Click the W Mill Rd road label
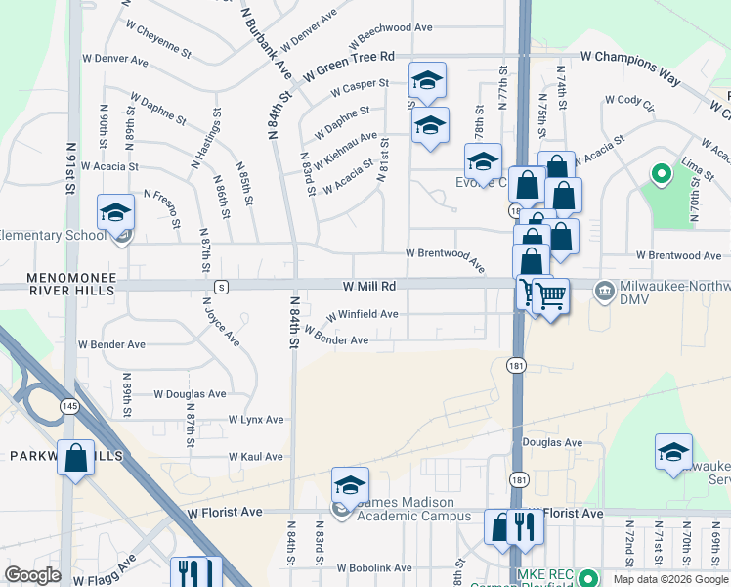click(x=368, y=286)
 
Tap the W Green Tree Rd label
click(x=348, y=66)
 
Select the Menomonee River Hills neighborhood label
click(x=59, y=284)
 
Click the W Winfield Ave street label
click(x=362, y=315)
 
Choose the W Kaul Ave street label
click(x=255, y=457)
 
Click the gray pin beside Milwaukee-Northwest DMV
click(x=605, y=287)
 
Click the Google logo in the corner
click(x=32, y=574)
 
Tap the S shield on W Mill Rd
click(x=222, y=287)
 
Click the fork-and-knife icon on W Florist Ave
click(x=525, y=526)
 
